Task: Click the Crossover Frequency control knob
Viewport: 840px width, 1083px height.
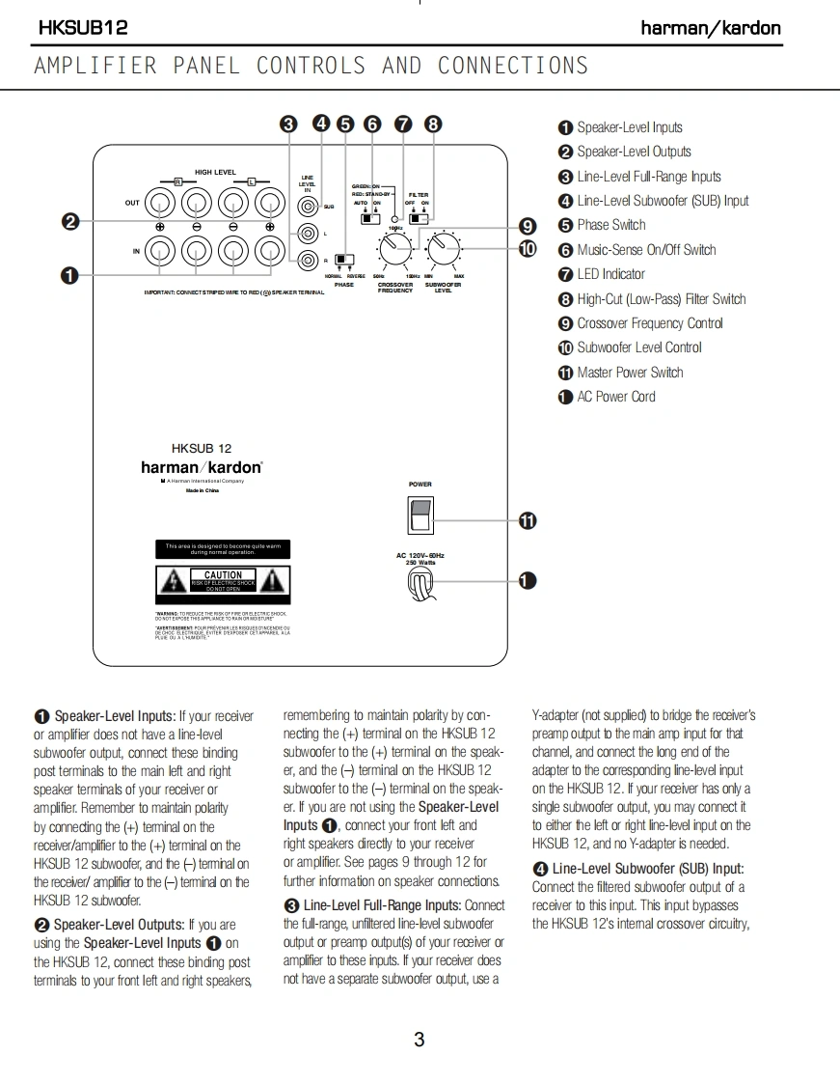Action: (393, 251)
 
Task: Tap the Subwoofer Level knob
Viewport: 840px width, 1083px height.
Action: (443, 251)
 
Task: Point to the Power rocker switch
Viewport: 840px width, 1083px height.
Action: (420, 514)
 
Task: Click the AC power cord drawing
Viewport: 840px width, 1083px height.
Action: (420, 581)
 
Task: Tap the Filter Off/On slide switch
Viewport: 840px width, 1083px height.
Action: (419, 219)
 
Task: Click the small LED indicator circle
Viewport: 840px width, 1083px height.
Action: (395, 220)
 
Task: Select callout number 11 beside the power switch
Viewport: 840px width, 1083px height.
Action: (528, 521)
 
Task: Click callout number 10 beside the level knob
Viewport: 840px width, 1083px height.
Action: (528, 249)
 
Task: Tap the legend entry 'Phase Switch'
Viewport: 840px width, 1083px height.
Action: (610, 225)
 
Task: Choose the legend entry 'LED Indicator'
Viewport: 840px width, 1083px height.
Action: (610, 274)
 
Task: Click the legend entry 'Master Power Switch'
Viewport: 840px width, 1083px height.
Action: (629, 372)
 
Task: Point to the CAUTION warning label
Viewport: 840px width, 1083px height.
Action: (223, 580)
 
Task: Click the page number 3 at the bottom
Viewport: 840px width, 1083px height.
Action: (419, 1040)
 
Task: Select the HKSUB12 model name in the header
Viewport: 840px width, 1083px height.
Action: (83, 28)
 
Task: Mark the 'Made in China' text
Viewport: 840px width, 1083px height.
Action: (203, 491)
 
